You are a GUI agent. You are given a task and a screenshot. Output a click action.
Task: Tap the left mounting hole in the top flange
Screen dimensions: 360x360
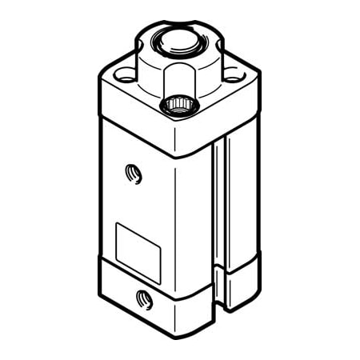pyautogui.click(x=124, y=76)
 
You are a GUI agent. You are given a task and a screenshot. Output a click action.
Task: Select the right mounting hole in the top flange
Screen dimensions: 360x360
pyautogui.click(x=232, y=75)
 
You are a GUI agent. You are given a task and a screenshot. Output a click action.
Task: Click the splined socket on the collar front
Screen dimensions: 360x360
pyautogui.click(x=178, y=105)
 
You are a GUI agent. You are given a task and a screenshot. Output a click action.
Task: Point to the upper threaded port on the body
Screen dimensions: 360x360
pyautogui.click(x=133, y=172)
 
